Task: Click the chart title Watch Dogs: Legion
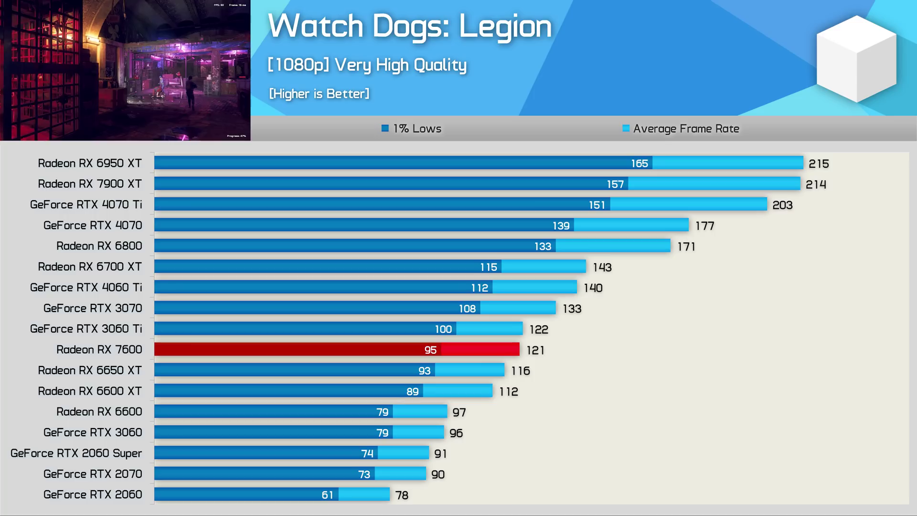click(409, 26)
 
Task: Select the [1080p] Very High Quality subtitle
click(367, 65)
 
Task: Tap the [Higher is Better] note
click(319, 94)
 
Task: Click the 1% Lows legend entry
click(412, 129)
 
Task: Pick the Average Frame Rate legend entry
click(681, 129)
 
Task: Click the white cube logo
click(856, 58)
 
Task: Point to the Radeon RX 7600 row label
click(99, 350)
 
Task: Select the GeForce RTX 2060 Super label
click(76, 453)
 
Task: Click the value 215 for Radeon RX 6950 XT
click(819, 164)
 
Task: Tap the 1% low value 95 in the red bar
click(430, 350)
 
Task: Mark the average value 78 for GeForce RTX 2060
click(402, 495)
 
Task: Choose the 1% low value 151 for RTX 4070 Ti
click(597, 205)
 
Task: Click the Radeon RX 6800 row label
click(99, 246)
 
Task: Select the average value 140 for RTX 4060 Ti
click(593, 288)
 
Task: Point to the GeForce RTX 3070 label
click(93, 308)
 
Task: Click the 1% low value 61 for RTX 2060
click(327, 495)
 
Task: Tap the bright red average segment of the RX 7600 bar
click(480, 349)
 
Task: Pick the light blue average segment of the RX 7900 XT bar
click(714, 183)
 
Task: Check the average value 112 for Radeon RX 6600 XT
click(509, 392)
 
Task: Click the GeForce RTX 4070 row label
click(93, 226)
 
